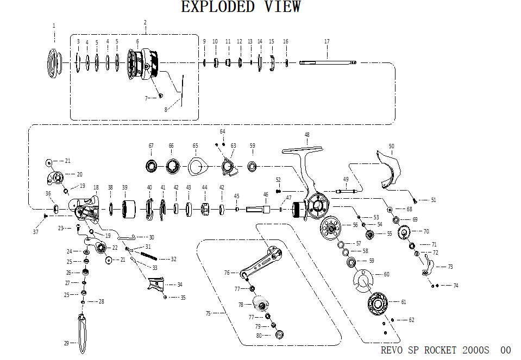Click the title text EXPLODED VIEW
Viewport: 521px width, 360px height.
[241, 7]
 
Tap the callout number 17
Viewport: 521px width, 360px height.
[327, 41]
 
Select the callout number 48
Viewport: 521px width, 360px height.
[307, 135]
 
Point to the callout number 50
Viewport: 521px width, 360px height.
[391, 146]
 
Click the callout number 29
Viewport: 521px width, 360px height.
[67, 343]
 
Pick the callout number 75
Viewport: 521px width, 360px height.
[208, 313]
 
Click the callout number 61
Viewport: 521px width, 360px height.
[404, 302]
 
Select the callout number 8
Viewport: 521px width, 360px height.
[166, 110]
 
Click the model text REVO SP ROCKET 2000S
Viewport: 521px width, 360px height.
[435, 350]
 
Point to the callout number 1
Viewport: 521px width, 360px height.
[54, 26]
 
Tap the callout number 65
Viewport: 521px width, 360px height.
[196, 146]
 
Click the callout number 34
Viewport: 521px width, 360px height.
[180, 285]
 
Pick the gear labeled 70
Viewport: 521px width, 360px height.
[404, 233]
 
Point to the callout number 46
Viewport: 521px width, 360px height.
[266, 194]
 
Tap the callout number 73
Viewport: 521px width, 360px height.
[450, 267]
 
